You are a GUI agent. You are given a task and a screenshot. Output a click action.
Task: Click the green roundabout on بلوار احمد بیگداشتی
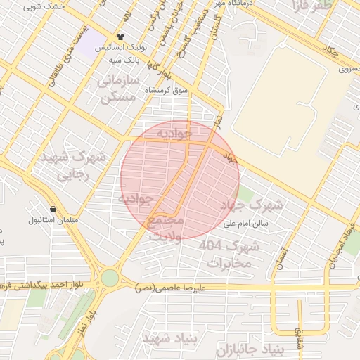tap(110, 278)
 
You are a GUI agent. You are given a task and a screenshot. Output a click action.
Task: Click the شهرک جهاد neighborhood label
tap(251, 205)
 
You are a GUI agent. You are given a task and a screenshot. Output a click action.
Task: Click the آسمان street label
tap(283, 243)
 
